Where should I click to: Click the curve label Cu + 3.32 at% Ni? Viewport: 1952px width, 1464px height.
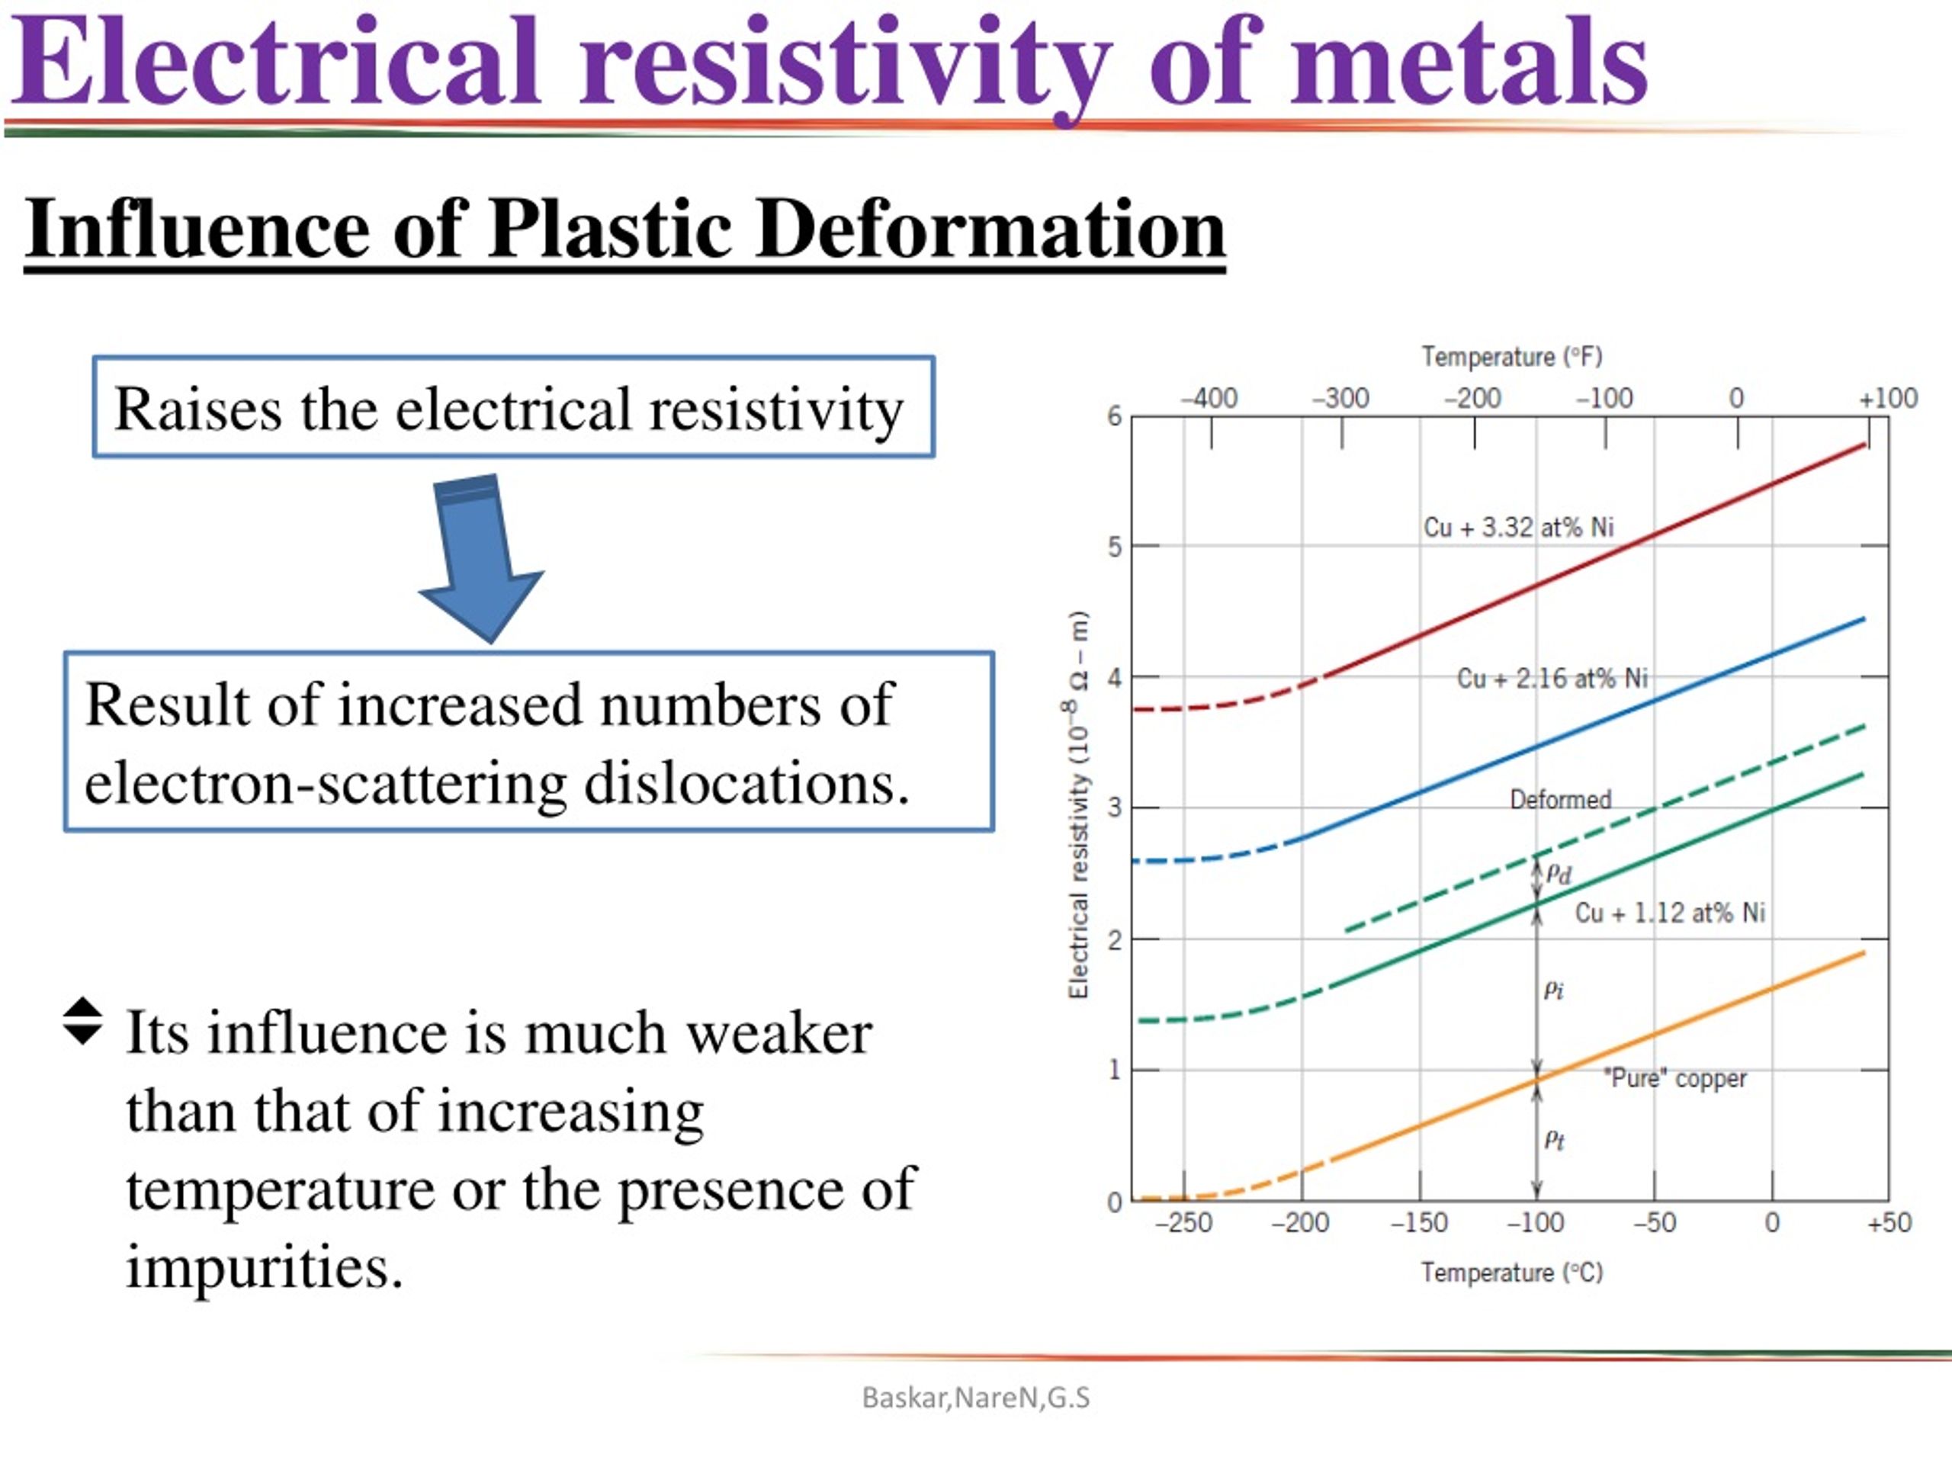point(1518,528)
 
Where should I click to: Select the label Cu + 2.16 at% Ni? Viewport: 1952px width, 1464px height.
point(1552,679)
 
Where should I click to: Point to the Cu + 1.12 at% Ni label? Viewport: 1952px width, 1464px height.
point(1670,913)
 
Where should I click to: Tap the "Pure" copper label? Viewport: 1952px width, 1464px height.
point(1675,1078)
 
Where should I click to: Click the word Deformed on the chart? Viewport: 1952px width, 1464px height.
point(1560,800)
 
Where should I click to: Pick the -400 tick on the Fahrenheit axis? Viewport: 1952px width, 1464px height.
point(1209,398)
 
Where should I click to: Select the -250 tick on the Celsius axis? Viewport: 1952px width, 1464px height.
point(1183,1223)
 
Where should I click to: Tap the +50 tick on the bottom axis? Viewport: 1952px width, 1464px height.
point(1889,1223)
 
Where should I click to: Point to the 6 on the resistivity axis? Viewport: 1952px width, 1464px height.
point(1115,416)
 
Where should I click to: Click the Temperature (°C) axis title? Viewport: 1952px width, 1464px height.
point(1511,1273)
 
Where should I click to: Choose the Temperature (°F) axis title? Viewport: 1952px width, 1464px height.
point(1511,357)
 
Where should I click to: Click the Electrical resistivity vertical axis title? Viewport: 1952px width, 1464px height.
point(1077,804)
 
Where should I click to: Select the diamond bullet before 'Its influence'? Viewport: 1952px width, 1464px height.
point(83,1021)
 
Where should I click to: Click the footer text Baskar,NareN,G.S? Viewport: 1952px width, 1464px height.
point(976,1398)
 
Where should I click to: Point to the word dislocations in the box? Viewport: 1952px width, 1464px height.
point(746,783)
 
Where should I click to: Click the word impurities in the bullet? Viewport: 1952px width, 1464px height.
point(265,1268)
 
